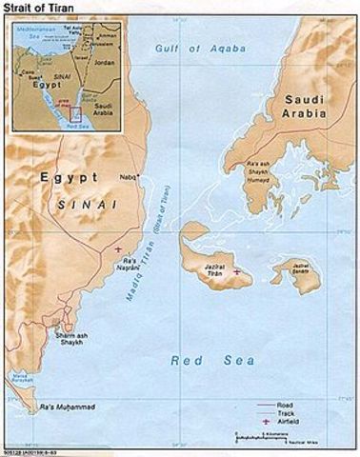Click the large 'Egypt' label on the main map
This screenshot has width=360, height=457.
click(66, 178)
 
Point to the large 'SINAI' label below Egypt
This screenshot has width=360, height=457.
click(89, 205)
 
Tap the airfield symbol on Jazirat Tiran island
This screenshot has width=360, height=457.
click(236, 272)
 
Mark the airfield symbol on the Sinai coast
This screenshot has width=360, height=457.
click(117, 249)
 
